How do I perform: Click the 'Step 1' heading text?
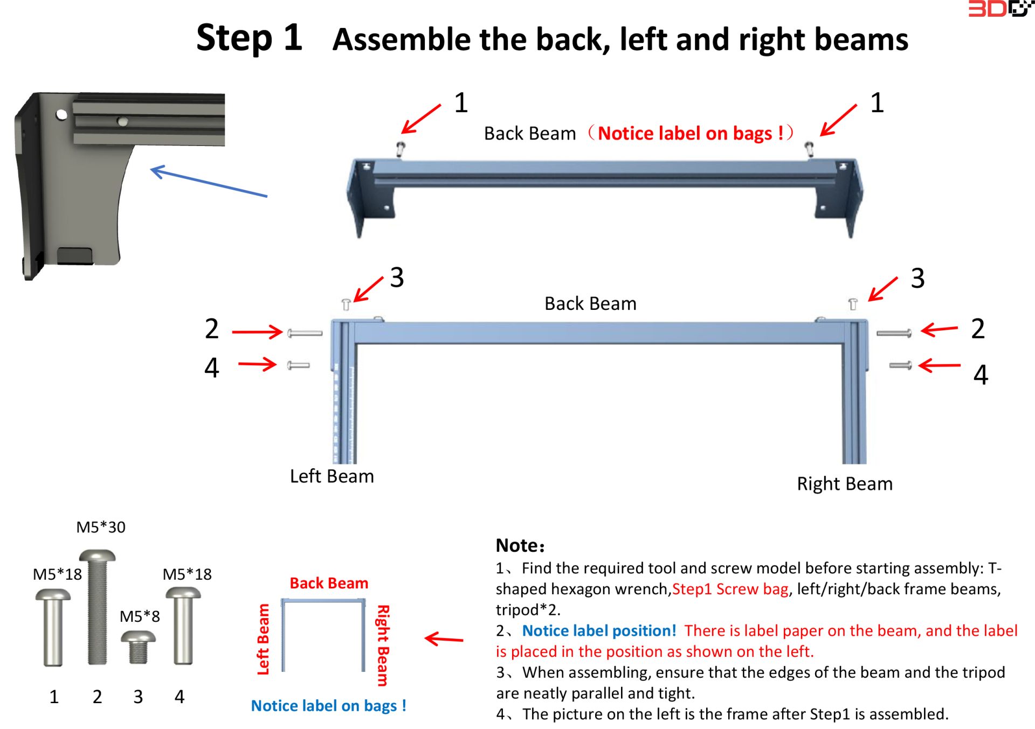pyautogui.click(x=249, y=38)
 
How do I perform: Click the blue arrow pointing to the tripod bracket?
pyautogui.click(x=208, y=182)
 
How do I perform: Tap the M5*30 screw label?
pyautogui.click(x=101, y=527)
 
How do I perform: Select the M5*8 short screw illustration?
pyautogui.click(x=138, y=646)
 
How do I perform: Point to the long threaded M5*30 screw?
pyautogui.click(x=98, y=607)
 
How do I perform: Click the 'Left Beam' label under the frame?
pyautogui.click(x=332, y=476)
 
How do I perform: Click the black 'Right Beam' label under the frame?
pyautogui.click(x=844, y=483)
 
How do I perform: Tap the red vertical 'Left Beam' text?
pyautogui.click(x=263, y=639)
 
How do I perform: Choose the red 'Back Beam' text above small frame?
pyautogui.click(x=329, y=583)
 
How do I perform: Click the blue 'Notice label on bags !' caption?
pyautogui.click(x=328, y=705)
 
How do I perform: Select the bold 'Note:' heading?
pyautogui.click(x=520, y=545)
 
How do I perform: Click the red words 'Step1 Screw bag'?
pyautogui.click(x=730, y=589)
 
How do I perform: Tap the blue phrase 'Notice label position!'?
pyautogui.click(x=599, y=630)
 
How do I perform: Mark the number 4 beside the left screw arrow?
pyautogui.click(x=212, y=368)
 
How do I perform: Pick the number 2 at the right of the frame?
pyautogui.click(x=978, y=329)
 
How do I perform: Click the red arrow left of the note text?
pyautogui.click(x=444, y=639)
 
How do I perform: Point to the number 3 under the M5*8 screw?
pyautogui.click(x=138, y=697)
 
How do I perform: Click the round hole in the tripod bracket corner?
pyautogui.click(x=61, y=114)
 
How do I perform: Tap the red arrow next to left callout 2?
pyautogui.click(x=257, y=331)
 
